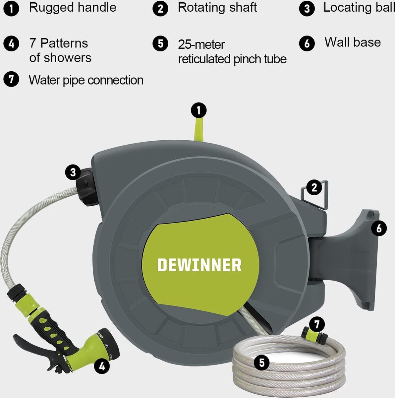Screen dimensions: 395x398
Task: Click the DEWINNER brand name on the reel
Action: [199, 265]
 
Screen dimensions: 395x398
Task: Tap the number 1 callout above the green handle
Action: [198, 110]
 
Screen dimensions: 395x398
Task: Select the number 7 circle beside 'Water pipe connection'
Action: [11, 79]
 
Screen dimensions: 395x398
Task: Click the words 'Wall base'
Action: [353, 42]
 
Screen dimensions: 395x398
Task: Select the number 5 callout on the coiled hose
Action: [261, 363]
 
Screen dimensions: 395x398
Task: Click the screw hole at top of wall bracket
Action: [373, 215]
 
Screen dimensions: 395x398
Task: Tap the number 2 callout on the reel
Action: [314, 187]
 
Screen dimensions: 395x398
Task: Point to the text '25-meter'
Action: [201, 45]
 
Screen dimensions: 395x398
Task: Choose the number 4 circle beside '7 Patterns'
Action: [11, 44]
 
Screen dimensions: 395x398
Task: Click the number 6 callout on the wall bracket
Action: [379, 229]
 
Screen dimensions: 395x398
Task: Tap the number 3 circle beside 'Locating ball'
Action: [307, 9]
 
